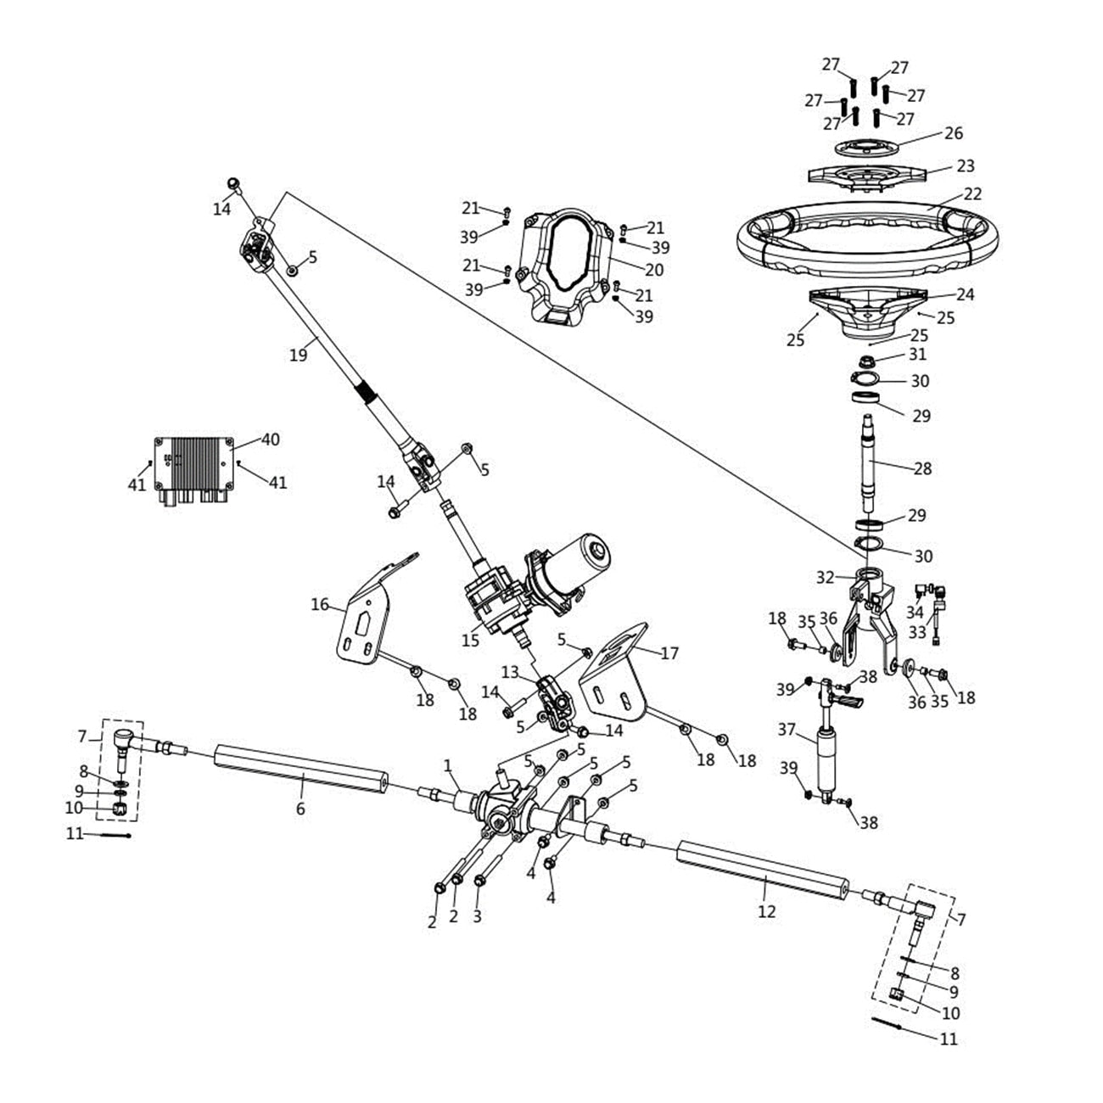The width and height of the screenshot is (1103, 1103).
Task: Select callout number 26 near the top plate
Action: [954, 133]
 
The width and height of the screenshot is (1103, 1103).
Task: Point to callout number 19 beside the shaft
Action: [298, 355]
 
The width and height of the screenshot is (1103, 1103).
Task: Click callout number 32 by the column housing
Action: [826, 577]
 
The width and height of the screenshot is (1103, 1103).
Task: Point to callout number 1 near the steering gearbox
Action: [448, 766]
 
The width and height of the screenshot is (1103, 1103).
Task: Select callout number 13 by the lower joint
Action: [509, 672]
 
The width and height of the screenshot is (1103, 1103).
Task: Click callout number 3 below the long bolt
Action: [477, 916]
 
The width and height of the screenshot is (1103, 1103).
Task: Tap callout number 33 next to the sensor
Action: [917, 632]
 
